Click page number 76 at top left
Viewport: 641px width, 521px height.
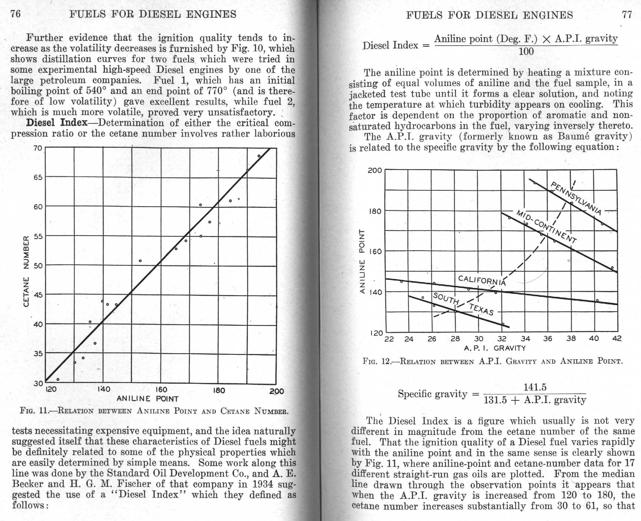[15, 14]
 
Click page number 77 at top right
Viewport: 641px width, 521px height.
[627, 15]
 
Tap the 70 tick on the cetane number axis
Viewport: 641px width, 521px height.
[38, 148]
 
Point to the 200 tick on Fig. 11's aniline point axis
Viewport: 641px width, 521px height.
[277, 391]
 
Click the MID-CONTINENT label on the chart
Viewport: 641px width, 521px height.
[547, 227]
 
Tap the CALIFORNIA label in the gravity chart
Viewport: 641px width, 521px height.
[481, 281]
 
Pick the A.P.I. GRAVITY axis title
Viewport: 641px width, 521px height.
[494, 348]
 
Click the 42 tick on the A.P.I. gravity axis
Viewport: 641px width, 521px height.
[617, 339]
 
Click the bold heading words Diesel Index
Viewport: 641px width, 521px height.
[57, 123]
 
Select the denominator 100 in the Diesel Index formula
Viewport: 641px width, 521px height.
[526, 51]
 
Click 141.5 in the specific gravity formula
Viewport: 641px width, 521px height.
[535, 387]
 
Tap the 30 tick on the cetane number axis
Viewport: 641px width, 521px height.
[38, 383]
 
